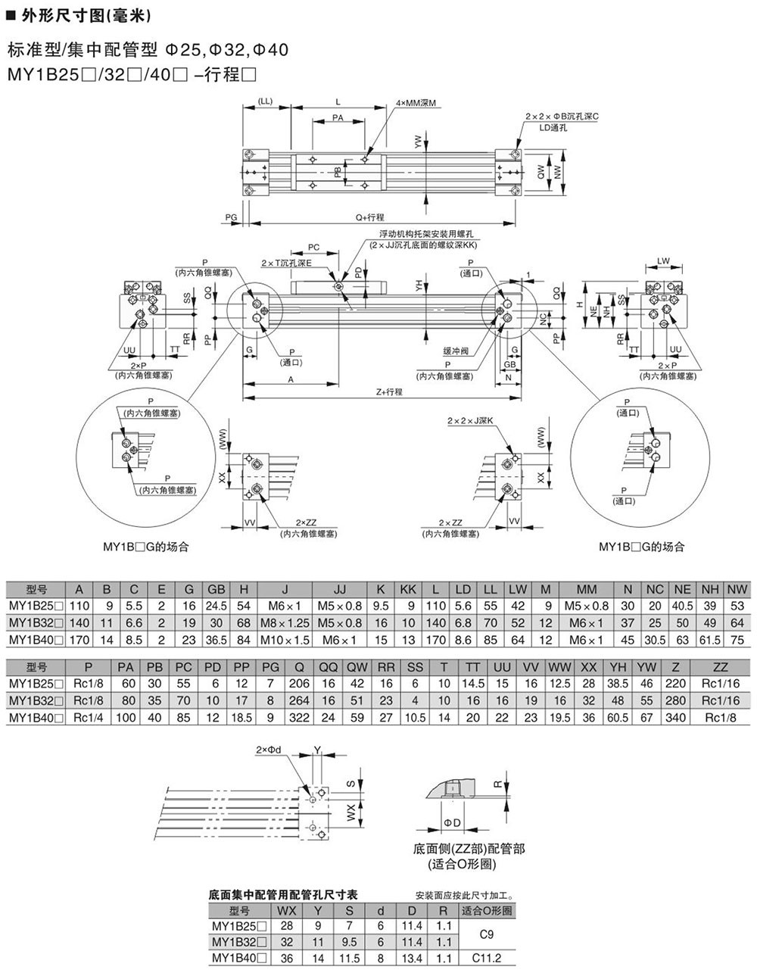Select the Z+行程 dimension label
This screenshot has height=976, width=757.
[388, 391]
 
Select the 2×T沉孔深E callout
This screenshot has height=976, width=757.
[286, 263]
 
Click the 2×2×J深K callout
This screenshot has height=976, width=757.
[470, 420]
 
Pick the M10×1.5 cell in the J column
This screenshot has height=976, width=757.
[285, 640]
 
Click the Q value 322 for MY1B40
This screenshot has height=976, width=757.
[300, 717]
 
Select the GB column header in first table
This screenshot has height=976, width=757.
[217, 589]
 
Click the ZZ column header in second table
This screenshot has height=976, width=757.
[720, 667]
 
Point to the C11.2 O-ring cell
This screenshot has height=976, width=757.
[487, 958]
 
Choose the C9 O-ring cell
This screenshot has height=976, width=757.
[487, 934]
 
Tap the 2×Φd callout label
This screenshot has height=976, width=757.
[269, 750]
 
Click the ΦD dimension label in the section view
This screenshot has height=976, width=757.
[453, 823]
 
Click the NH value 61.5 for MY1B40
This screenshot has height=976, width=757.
[709, 640]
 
